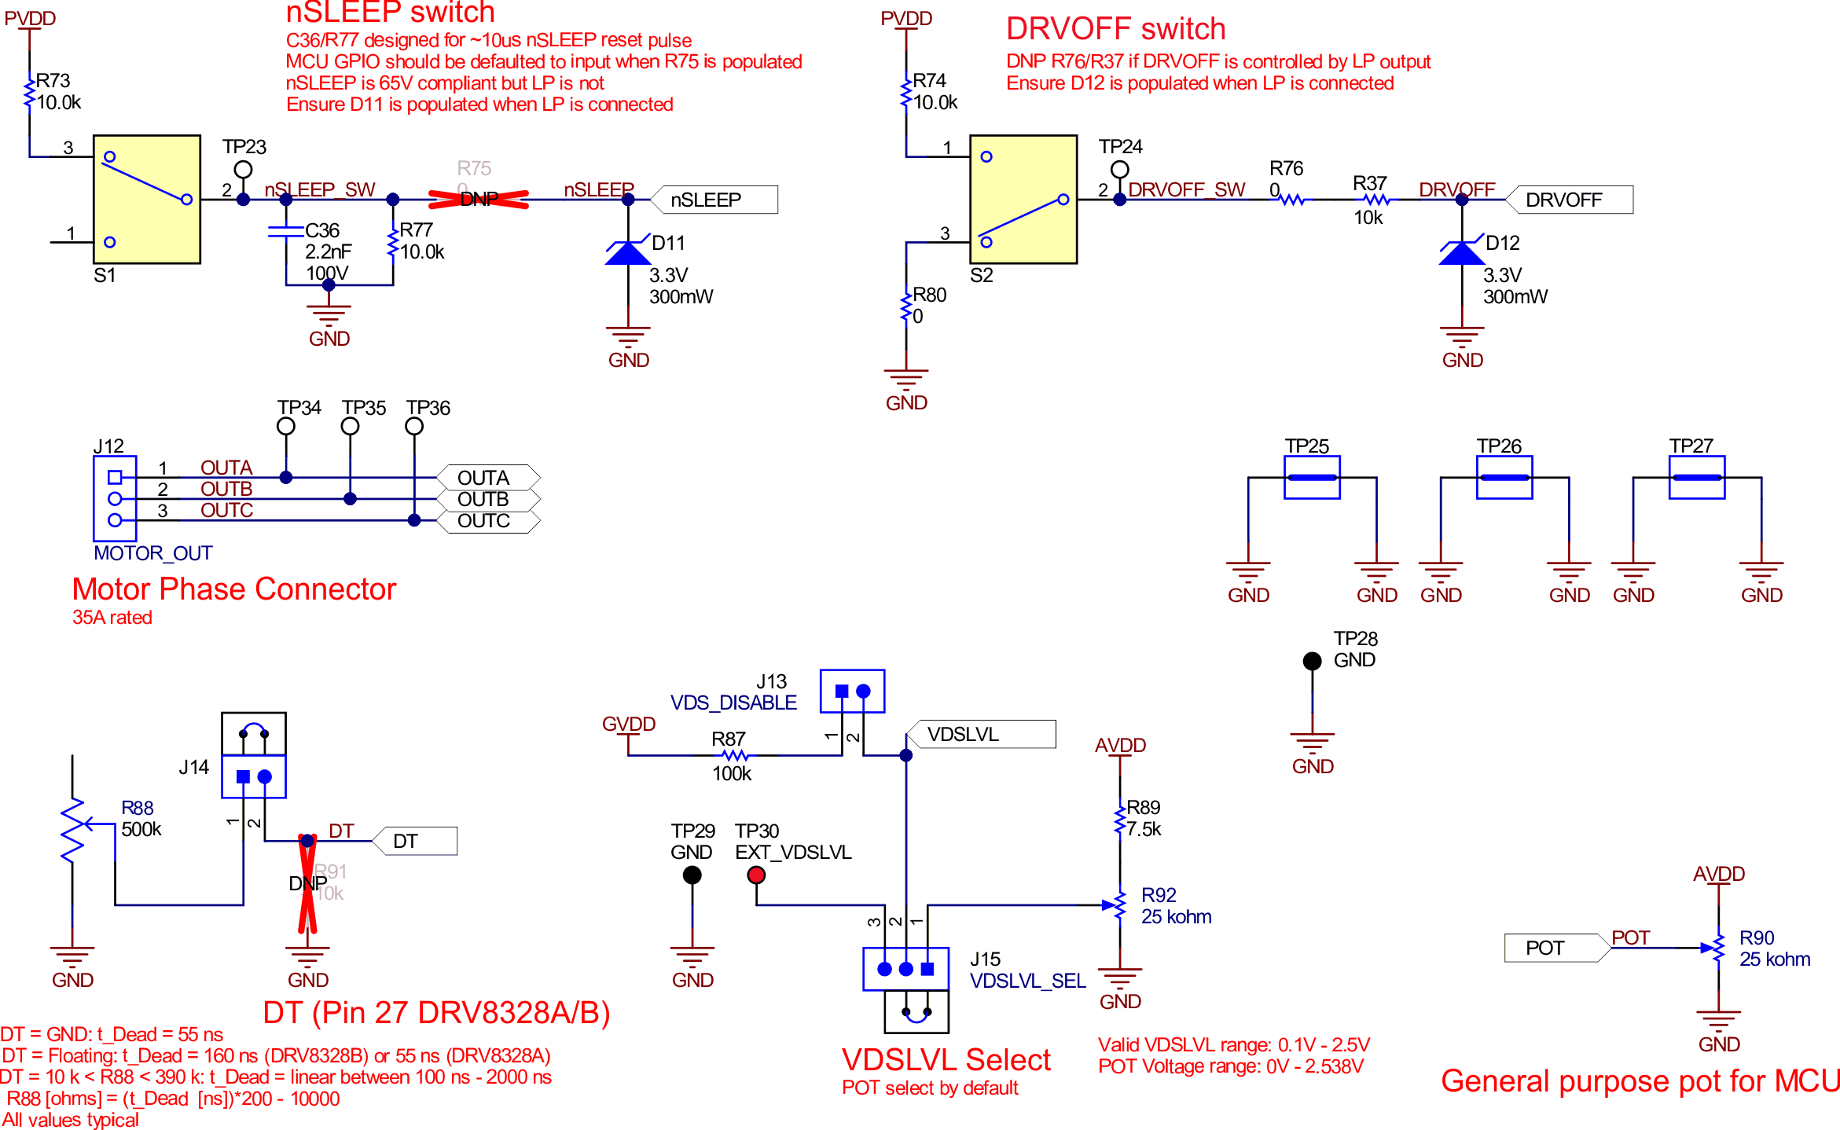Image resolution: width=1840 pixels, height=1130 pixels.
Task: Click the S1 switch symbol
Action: [147, 199]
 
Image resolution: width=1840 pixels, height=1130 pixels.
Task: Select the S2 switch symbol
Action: [1023, 199]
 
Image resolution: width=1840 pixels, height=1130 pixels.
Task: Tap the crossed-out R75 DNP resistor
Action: [478, 200]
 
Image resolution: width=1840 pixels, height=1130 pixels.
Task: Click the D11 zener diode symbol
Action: [627, 253]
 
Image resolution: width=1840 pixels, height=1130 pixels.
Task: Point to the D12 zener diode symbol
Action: [1461, 253]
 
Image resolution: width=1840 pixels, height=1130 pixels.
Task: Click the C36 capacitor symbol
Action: [286, 231]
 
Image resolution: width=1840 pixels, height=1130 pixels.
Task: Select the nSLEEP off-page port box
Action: [714, 200]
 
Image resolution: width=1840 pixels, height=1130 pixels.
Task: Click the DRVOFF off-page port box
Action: [1569, 200]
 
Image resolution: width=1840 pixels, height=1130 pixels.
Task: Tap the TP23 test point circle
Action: [244, 169]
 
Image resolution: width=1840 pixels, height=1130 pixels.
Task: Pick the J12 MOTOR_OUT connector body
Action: [115, 498]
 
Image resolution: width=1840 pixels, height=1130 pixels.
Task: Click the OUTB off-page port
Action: [488, 500]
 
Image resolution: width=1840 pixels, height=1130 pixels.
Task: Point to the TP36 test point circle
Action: [414, 426]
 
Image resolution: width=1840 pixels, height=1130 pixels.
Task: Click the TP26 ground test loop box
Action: [1504, 477]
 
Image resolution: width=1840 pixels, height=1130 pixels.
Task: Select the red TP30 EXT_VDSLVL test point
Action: [756, 875]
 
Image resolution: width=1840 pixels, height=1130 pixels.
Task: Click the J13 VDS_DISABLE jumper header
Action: [852, 691]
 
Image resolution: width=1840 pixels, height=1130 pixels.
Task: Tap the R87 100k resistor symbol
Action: [735, 755]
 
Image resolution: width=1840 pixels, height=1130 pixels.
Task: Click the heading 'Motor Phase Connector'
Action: [234, 589]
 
